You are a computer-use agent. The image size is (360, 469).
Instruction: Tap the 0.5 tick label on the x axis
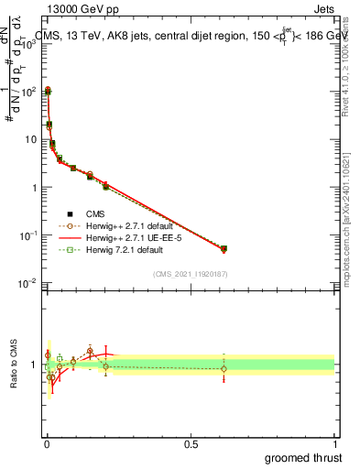coord(191,443)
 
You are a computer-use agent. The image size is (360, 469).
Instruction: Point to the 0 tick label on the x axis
coord(47,443)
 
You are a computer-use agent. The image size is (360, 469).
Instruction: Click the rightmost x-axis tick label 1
coord(334,443)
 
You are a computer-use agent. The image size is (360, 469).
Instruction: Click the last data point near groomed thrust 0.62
coord(224,248)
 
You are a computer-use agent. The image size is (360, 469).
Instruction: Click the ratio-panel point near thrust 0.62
coord(224,368)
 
